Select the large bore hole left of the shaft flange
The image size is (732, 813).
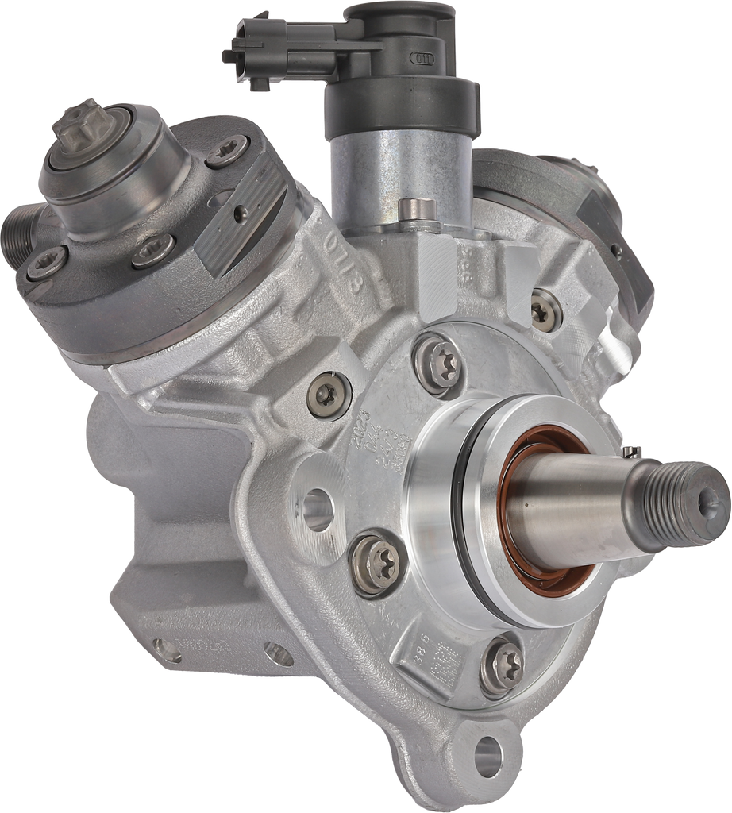coord(317,510)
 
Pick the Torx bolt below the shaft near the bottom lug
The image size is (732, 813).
coord(502,663)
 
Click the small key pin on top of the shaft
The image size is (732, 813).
coord(631,453)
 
